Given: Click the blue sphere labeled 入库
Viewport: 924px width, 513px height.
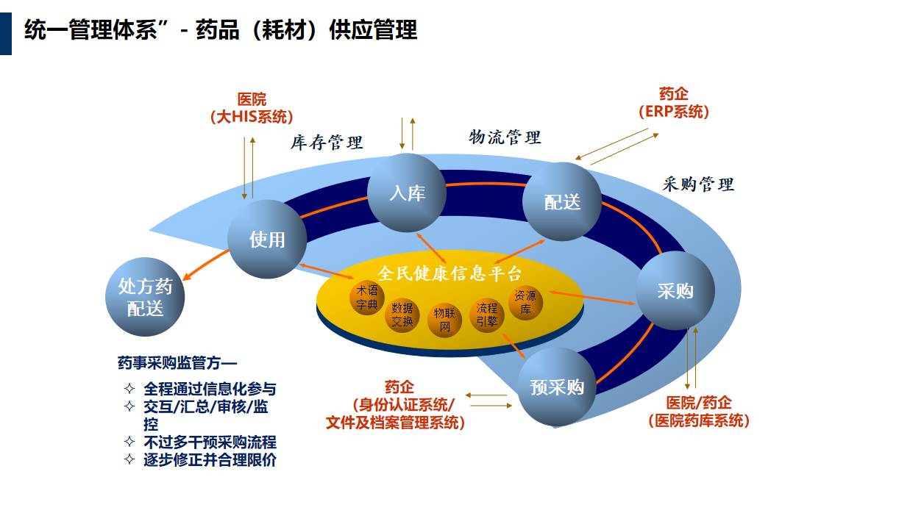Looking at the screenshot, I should [x=407, y=193].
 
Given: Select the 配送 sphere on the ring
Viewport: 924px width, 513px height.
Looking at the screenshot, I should [x=563, y=201].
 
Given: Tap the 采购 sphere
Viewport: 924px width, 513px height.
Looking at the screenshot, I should [x=675, y=291].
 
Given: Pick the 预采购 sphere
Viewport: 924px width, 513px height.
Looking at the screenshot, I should [x=557, y=387].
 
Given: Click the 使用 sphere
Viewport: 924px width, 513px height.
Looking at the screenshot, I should [x=267, y=239].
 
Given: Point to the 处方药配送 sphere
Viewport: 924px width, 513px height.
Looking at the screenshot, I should [x=145, y=297].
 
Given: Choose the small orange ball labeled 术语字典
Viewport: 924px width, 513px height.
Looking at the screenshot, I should [x=367, y=296].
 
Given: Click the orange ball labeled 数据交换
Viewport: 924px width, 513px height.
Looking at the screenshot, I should [x=402, y=315].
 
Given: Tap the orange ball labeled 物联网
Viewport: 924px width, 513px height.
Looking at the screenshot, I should [x=445, y=319].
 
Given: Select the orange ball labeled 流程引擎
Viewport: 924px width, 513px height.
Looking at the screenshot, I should [x=487, y=315].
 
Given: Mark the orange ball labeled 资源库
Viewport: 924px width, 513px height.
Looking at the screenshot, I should [x=525, y=302].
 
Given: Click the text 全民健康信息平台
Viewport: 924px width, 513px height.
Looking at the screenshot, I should [x=449, y=273].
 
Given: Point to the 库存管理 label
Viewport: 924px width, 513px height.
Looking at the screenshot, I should [x=327, y=143].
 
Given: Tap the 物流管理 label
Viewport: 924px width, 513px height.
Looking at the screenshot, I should [x=505, y=137].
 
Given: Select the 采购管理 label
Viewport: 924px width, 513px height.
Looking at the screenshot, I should [x=698, y=184].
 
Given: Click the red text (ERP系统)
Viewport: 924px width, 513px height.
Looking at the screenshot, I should [x=674, y=112].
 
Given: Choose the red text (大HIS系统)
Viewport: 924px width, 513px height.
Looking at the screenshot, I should [x=252, y=117].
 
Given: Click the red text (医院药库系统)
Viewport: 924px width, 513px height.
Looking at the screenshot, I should [x=699, y=421].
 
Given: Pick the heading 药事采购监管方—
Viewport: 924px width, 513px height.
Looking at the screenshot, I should [x=177, y=362].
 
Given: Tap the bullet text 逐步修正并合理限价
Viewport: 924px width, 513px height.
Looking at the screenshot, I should [x=210, y=460].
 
